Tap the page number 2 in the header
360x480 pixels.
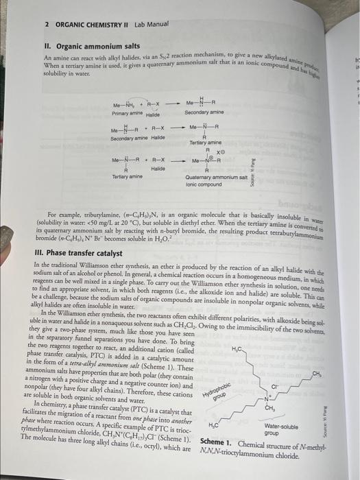pos(46,24)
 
